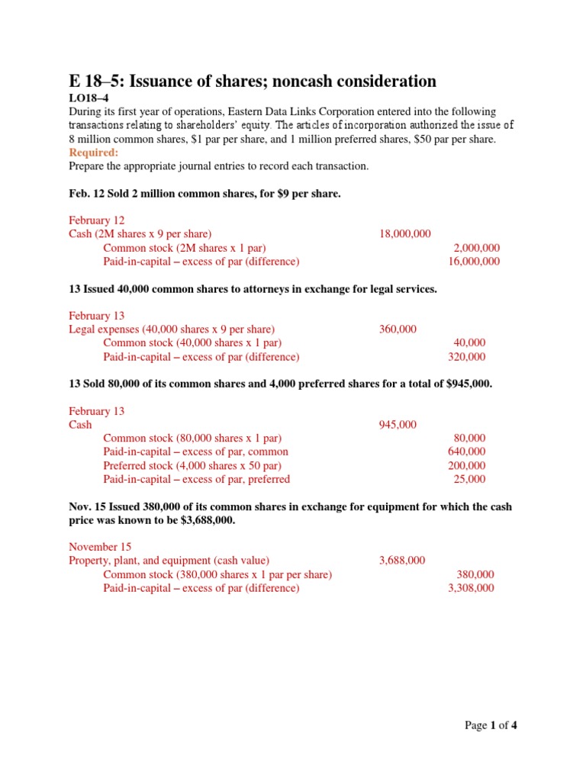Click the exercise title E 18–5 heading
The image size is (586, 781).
[x=252, y=82]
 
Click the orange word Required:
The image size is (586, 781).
[x=93, y=153]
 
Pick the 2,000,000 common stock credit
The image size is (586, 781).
[x=477, y=248]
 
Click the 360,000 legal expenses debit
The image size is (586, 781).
[x=398, y=329]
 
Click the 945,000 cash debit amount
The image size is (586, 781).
[x=398, y=425]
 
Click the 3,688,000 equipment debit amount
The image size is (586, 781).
[x=402, y=561]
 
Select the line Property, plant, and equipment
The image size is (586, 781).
[x=169, y=561]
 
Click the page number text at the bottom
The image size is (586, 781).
[x=491, y=725]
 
